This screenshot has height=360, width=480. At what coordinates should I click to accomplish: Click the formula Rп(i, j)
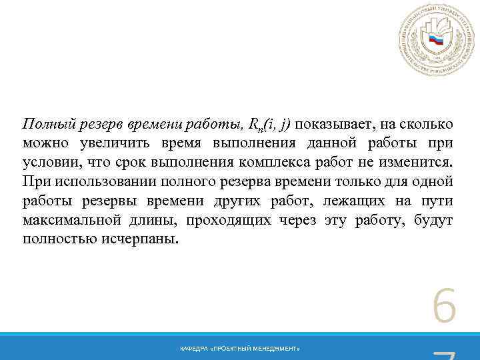point(269,125)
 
